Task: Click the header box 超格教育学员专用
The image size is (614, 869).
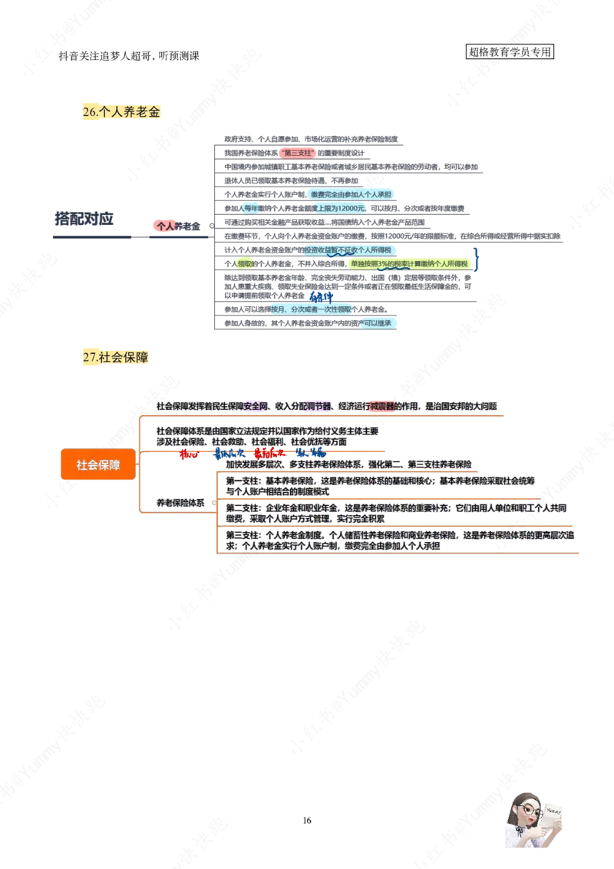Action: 510,52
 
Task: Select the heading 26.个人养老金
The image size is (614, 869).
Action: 120,112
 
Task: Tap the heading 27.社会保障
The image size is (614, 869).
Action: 115,357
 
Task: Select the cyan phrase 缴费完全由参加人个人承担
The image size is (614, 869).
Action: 350,194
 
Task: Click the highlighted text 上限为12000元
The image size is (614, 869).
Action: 337,208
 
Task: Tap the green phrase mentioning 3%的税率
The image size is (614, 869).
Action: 408,263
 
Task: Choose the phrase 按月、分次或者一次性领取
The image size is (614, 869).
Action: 310,309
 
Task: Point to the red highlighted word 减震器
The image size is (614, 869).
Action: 381,405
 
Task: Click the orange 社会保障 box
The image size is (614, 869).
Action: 98,464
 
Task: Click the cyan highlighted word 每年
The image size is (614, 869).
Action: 249,208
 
